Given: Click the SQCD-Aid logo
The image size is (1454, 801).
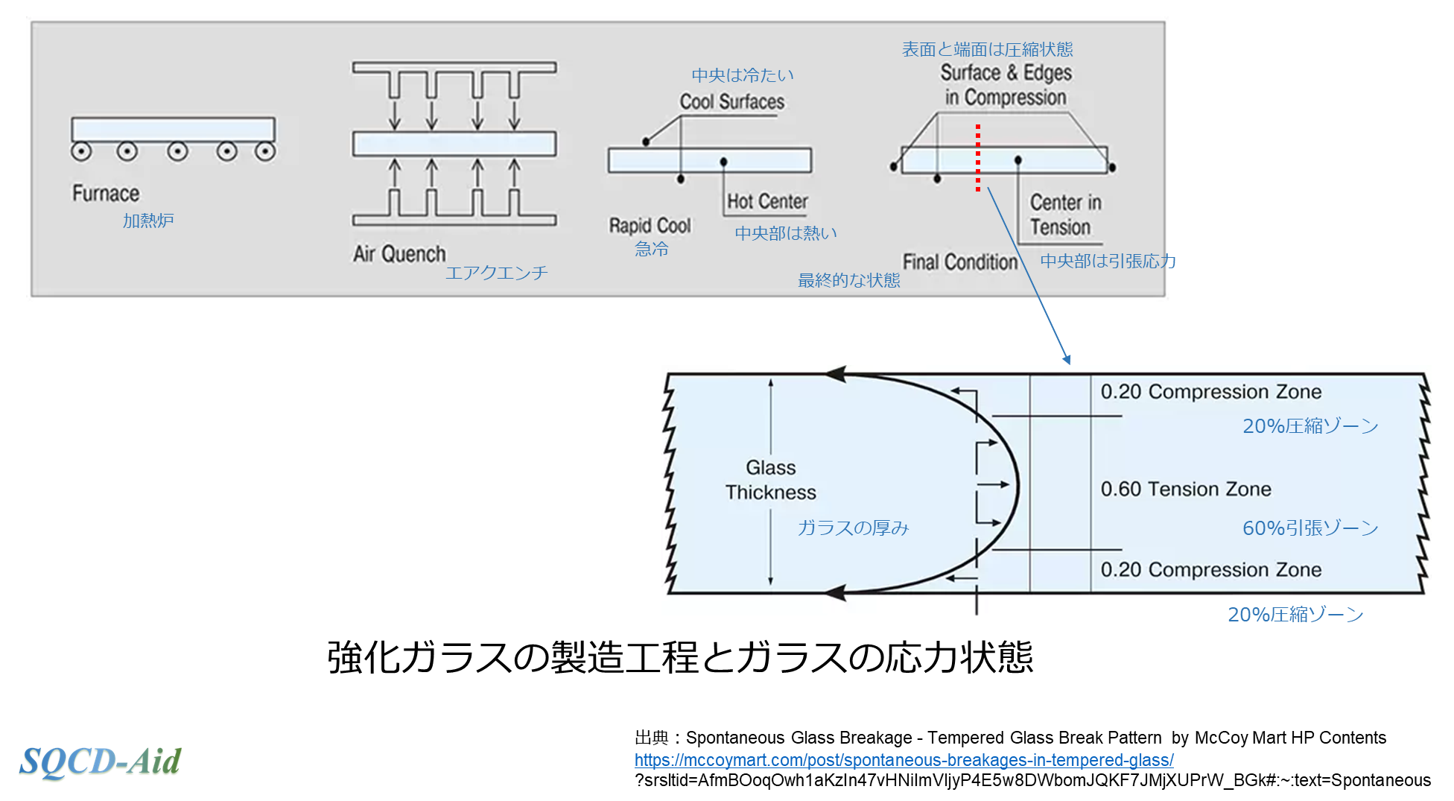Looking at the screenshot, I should click(100, 761).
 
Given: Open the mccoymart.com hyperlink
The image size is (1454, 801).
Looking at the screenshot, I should click(904, 760).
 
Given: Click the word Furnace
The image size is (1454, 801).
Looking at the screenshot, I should click(106, 194).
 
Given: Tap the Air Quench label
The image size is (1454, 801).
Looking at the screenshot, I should click(399, 254).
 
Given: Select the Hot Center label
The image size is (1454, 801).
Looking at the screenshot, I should click(767, 202).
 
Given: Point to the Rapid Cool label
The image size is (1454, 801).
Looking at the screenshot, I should click(650, 226).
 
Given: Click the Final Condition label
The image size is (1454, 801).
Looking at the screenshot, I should click(959, 262).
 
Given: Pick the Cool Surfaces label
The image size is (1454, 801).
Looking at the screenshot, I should click(731, 102).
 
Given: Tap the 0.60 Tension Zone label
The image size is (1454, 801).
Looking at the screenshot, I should click(1186, 490).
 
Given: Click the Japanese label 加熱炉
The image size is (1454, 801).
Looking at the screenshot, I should click(148, 221).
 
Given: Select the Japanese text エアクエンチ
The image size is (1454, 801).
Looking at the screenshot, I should click(496, 273).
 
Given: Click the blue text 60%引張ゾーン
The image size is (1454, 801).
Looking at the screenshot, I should click(1310, 528).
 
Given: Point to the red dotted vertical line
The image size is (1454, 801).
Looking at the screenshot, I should click(978, 158).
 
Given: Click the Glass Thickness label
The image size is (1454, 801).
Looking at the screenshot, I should click(771, 480).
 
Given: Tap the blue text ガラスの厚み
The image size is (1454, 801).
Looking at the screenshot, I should click(853, 528).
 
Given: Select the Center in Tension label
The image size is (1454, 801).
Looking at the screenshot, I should click(1064, 215).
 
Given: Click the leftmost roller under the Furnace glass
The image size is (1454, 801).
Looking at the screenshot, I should click(81, 152).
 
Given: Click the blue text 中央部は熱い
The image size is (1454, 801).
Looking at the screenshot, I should click(786, 233).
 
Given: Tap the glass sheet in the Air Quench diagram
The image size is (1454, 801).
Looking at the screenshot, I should click(454, 144).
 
